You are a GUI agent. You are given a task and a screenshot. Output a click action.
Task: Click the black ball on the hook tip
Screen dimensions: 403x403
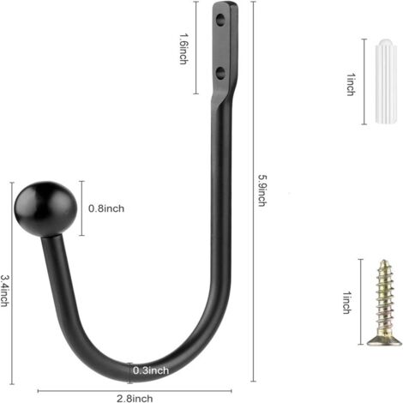click(45, 209)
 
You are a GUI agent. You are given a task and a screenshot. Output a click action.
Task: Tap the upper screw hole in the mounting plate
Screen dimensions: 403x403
click(220, 21)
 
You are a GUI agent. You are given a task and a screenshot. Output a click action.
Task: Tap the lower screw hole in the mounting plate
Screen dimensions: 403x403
click(220, 72)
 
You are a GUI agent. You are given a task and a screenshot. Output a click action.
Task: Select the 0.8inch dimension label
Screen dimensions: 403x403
click(106, 208)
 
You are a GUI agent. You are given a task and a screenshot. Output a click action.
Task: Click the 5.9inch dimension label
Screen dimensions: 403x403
click(262, 190)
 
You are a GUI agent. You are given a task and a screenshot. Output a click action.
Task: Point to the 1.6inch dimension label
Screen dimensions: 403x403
click(183, 49)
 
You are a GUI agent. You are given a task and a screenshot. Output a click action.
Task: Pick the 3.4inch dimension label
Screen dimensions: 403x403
click(4, 291)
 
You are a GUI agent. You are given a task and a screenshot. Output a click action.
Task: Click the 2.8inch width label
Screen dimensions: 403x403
click(135, 398)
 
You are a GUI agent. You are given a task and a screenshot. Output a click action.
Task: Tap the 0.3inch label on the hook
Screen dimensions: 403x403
click(151, 370)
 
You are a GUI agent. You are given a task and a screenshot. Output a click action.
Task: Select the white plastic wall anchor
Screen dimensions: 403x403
click(386, 81)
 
